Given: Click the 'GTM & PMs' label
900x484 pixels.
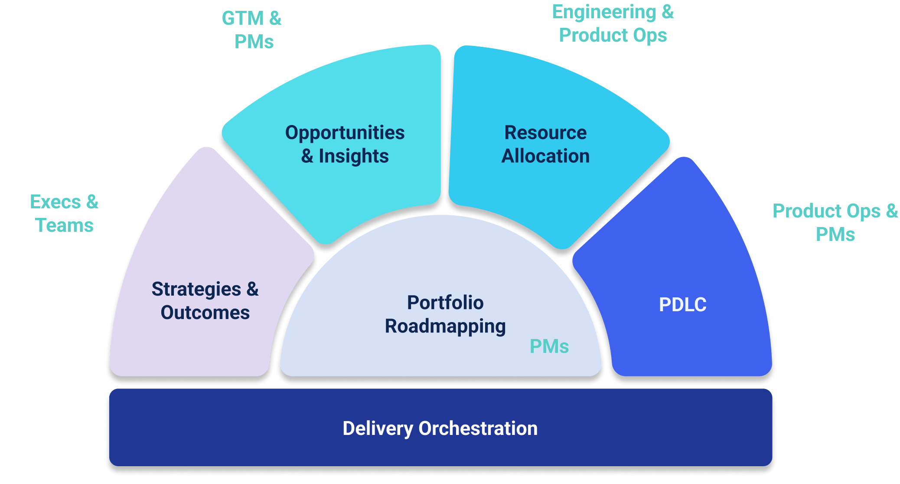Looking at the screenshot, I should pyautogui.click(x=252, y=30).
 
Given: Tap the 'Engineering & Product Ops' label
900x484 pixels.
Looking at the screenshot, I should pyautogui.click(x=613, y=23).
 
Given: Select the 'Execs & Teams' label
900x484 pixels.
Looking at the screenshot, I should pyautogui.click(x=64, y=214).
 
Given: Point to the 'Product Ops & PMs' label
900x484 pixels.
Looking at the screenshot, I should pyautogui.click(x=835, y=223).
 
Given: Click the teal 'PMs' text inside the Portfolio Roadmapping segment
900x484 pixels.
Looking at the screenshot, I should pyautogui.click(x=549, y=346).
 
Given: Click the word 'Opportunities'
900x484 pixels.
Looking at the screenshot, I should pyautogui.click(x=345, y=133).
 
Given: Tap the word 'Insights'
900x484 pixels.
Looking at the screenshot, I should pyautogui.click(x=354, y=156).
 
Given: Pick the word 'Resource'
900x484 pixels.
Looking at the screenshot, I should pyautogui.click(x=545, y=132).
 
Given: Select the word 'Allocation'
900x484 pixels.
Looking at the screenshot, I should pyautogui.click(x=545, y=156).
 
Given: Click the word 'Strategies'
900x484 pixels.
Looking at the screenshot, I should pyautogui.click(x=196, y=290).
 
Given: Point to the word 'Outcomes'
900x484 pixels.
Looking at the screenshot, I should pyautogui.click(x=205, y=313).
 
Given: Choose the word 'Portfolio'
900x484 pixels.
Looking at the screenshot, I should pyautogui.click(x=445, y=303).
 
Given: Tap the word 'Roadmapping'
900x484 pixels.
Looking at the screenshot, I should pyautogui.click(x=445, y=326).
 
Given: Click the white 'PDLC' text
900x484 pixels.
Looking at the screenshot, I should pyautogui.click(x=682, y=305).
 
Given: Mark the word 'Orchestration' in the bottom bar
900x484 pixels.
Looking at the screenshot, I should pyautogui.click(x=478, y=428).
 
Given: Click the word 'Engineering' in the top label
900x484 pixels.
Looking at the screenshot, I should pyautogui.click(x=604, y=12).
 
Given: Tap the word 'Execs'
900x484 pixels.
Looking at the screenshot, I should pyautogui.click(x=55, y=202).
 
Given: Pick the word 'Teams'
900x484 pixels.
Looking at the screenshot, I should pyautogui.click(x=64, y=226).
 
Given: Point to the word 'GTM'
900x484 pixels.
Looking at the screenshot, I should pyautogui.click(x=243, y=19).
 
